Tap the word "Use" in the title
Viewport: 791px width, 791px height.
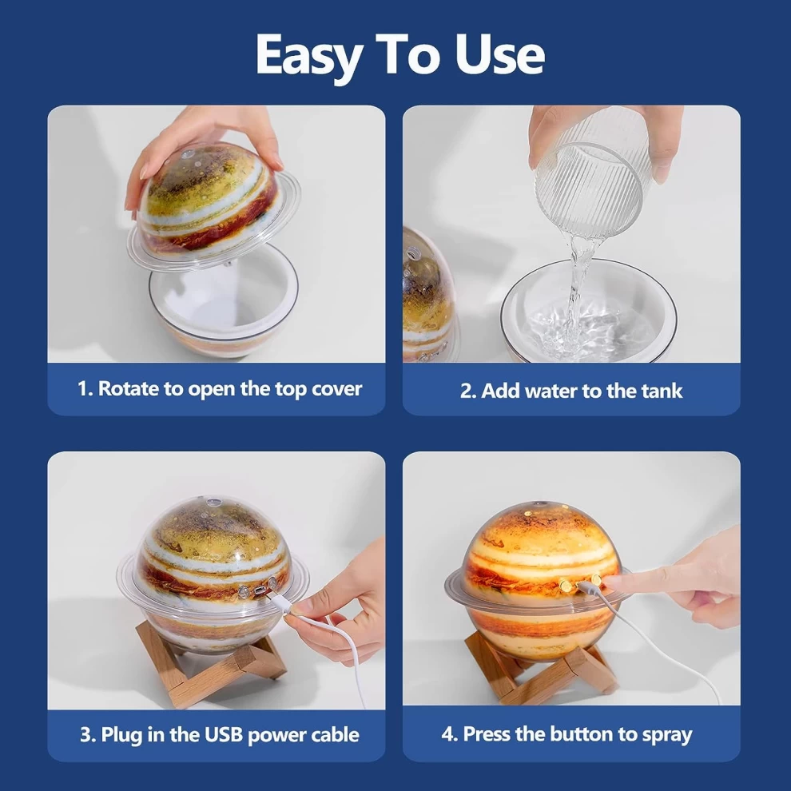(x=499, y=54)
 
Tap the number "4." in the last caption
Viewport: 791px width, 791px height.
(x=449, y=734)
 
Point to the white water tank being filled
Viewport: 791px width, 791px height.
(x=589, y=312)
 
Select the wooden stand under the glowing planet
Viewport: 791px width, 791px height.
(x=540, y=671)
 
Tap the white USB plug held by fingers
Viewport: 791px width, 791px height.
(x=281, y=602)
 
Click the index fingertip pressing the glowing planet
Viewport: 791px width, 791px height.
(x=611, y=582)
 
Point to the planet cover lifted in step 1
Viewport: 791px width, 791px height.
(x=213, y=207)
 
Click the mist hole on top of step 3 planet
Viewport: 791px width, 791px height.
(x=212, y=502)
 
